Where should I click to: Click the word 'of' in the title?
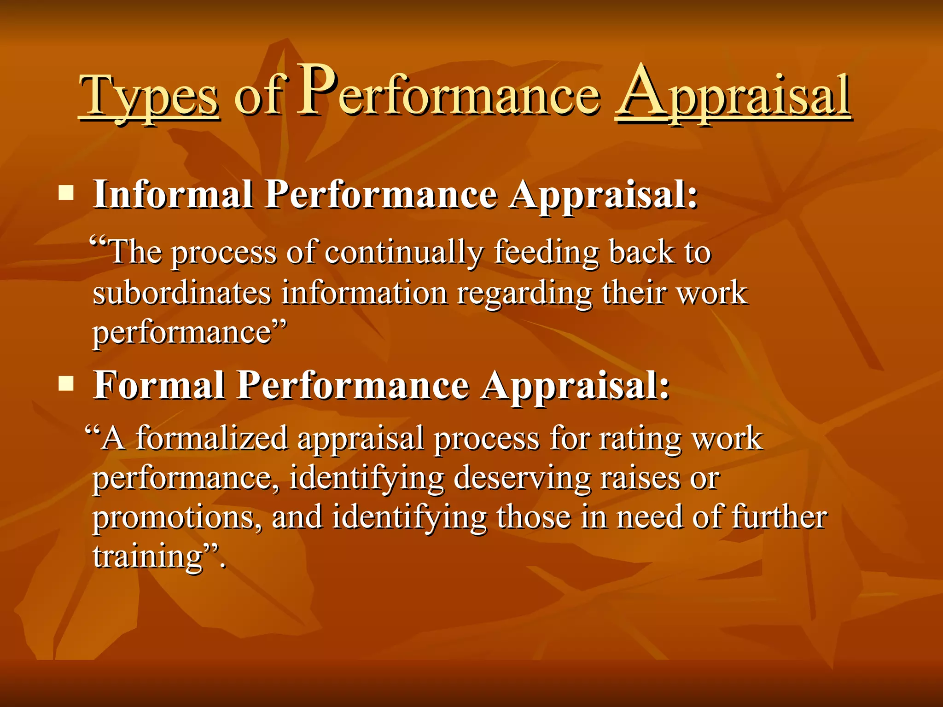[259, 96]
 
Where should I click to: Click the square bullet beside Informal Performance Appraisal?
[66, 193]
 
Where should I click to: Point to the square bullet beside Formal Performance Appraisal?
[66, 383]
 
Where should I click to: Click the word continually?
[404, 253]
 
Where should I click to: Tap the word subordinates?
[182, 293]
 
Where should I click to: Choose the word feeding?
[546, 253]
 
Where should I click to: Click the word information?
[364, 293]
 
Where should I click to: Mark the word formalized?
[212, 438]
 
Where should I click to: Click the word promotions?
[178, 517]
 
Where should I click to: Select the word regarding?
[524, 293]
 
